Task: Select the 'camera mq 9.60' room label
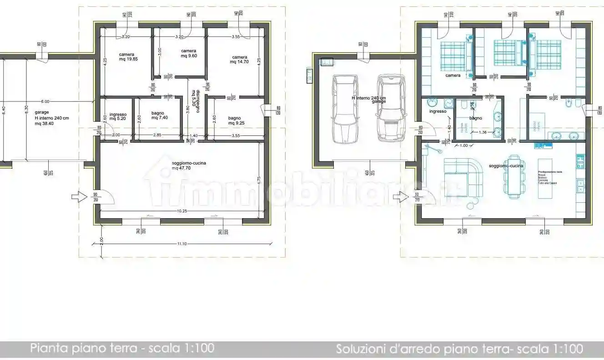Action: pos(188,53)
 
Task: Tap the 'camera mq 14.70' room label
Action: pos(240,60)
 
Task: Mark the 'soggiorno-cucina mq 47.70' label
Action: pos(182,165)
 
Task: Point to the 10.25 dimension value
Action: pos(183,211)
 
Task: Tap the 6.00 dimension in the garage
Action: pos(45,102)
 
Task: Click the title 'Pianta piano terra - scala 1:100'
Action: pos(122,349)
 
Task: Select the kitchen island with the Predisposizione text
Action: pos(545,178)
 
